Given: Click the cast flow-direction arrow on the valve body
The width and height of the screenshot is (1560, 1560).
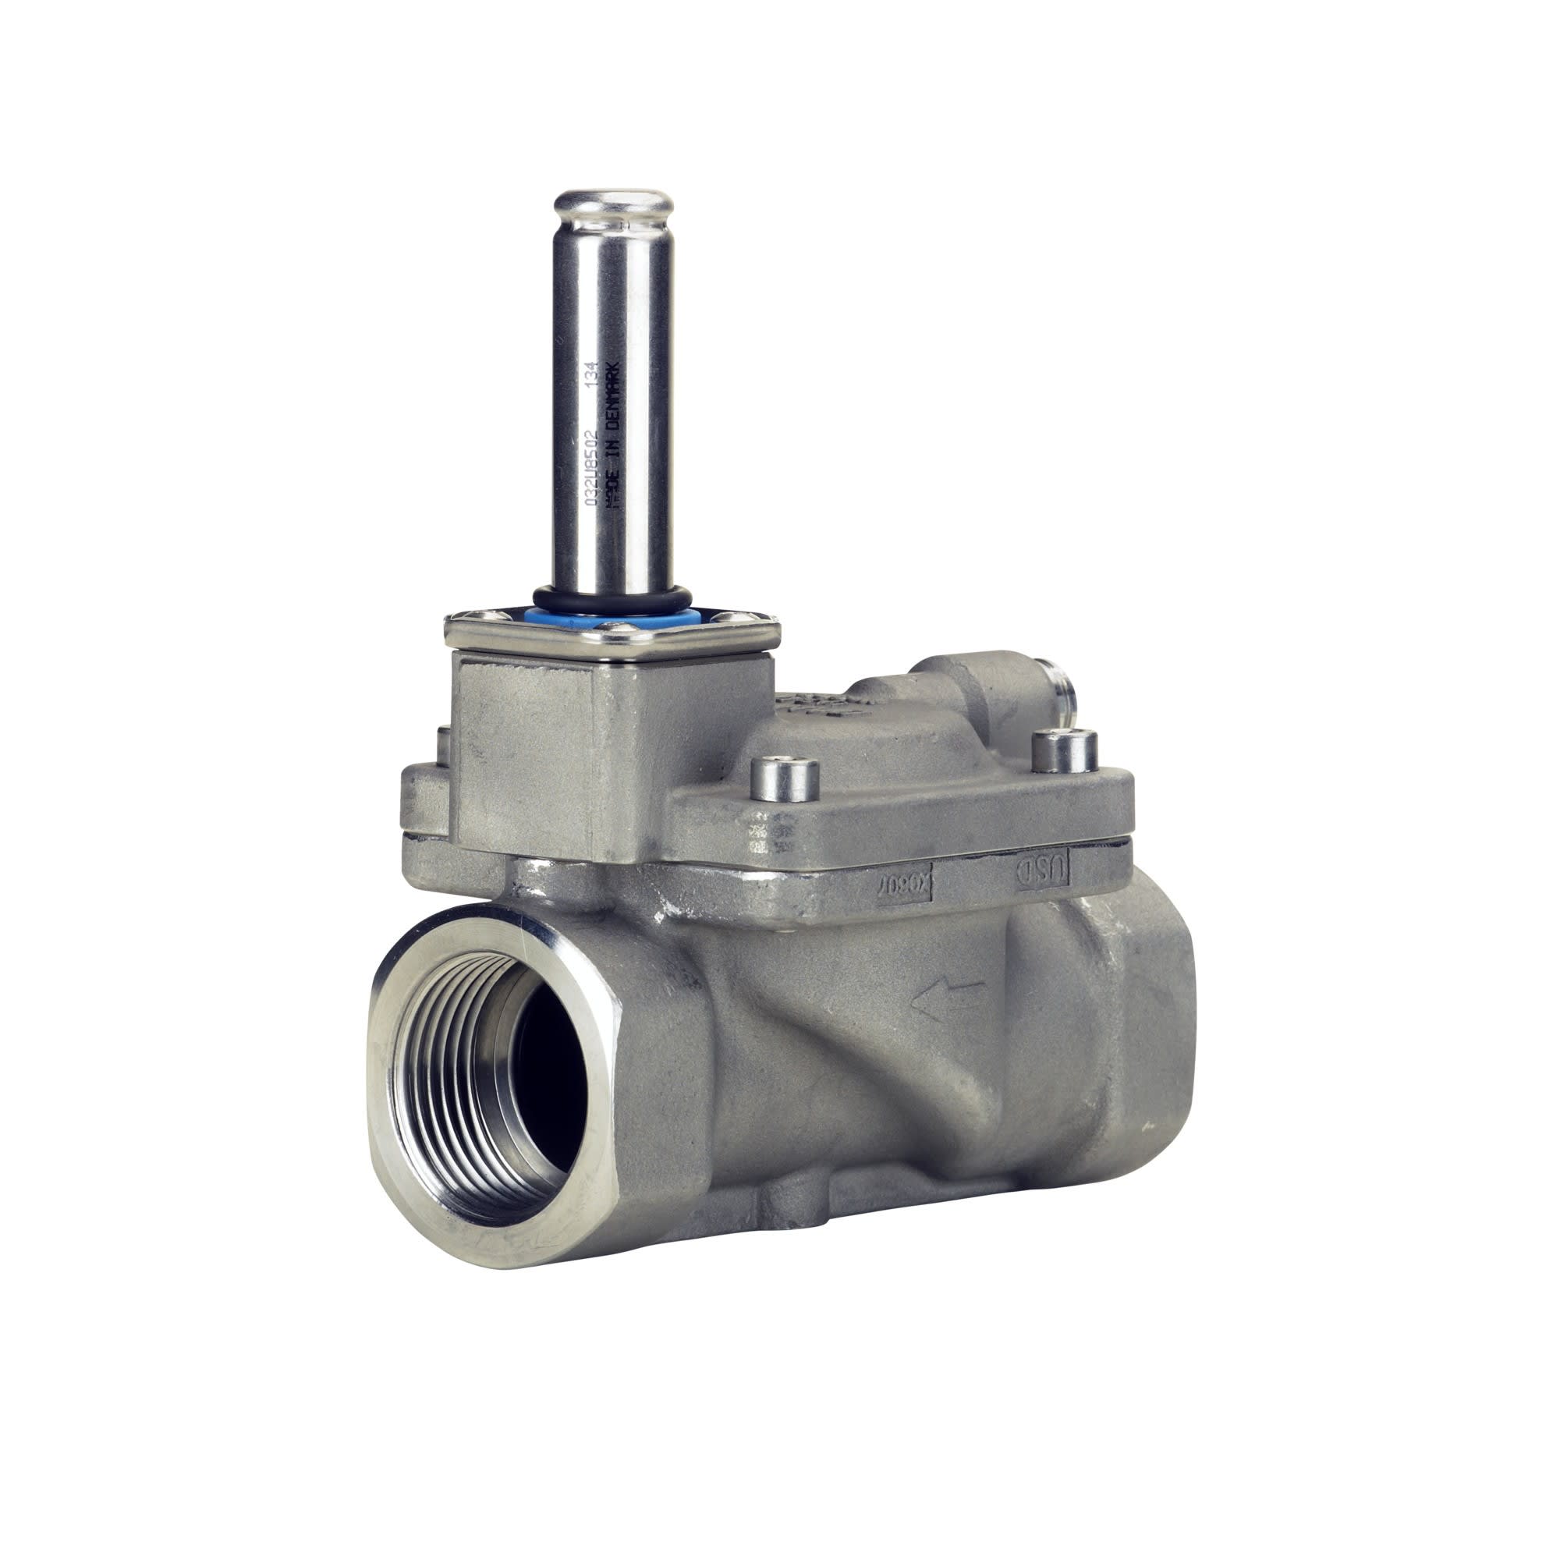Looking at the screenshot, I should pos(946,1000).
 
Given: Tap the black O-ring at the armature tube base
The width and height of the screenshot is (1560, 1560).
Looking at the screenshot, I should pos(612,598).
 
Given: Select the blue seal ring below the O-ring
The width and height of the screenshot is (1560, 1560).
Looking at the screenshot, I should pos(612,615).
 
